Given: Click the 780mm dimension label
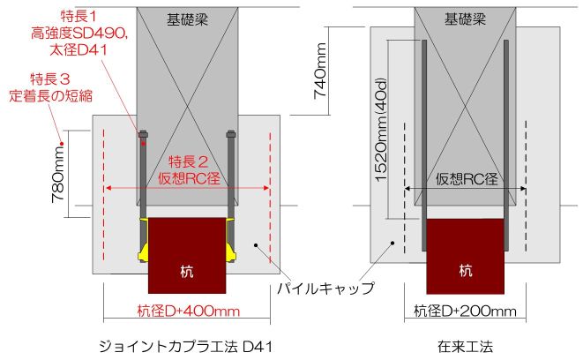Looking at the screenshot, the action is [x=59, y=175].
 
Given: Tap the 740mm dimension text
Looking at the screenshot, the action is [x=320, y=71].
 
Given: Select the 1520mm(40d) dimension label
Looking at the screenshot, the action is [x=382, y=130].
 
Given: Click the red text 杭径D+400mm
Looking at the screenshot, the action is [x=189, y=311].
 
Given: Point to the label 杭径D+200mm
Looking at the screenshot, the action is [x=465, y=311].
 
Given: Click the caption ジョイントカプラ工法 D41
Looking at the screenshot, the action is [x=186, y=347].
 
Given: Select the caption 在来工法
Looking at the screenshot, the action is [x=465, y=347].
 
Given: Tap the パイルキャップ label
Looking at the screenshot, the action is [x=325, y=289].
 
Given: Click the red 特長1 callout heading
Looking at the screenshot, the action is [x=78, y=17].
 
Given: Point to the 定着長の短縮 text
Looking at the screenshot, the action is [x=50, y=96].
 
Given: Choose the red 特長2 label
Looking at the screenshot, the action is [x=189, y=161].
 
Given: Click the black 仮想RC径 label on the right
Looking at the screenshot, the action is [x=467, y=179].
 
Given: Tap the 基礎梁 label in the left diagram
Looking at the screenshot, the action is [x=187, y=19].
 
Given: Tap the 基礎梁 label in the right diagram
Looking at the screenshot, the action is [x=465, y=19].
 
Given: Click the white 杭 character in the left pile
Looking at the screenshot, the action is [x=187, y=271].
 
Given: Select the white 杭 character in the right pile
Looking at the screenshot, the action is [x=465, y=270].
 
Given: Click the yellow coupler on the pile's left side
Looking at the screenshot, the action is [x=144, y=239].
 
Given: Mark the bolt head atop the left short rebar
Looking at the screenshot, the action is [x=143, y=135].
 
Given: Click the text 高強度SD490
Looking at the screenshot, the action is [x=79, y=34].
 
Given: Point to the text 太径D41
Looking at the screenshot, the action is [x=78, y=50].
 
